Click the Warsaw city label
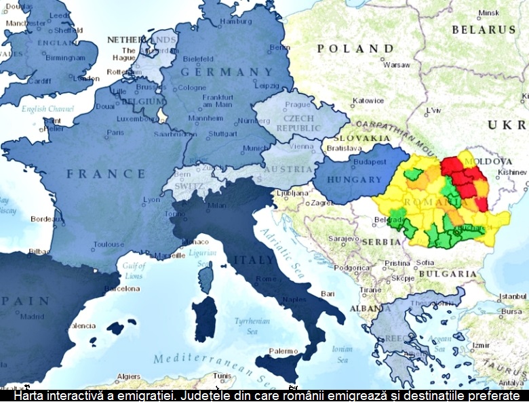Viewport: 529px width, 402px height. click(396, 65)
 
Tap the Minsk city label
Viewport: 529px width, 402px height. click(488, 13)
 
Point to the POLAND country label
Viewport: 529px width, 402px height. click(355, 49)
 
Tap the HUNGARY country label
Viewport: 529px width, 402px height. click(354, 180)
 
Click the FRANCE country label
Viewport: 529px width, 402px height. click(106, 174)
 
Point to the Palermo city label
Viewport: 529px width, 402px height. click(283, 351)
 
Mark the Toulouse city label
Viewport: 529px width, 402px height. click(109, 245)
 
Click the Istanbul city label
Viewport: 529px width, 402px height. click(512, 297)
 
